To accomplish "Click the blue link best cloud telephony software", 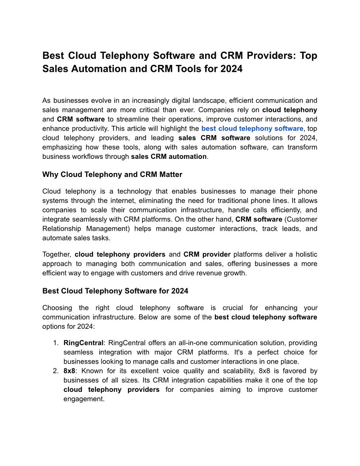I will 252,128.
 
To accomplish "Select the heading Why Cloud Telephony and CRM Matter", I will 112,174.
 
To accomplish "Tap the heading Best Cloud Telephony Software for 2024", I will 115,291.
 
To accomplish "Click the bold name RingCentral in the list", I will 83,343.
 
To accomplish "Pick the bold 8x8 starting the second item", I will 69,371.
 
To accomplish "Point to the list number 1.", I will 56,343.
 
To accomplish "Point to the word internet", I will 151,201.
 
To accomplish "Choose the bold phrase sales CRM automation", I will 169,157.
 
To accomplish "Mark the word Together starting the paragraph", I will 56,255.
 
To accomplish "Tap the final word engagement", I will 84,399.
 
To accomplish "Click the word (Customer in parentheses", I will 301,219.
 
